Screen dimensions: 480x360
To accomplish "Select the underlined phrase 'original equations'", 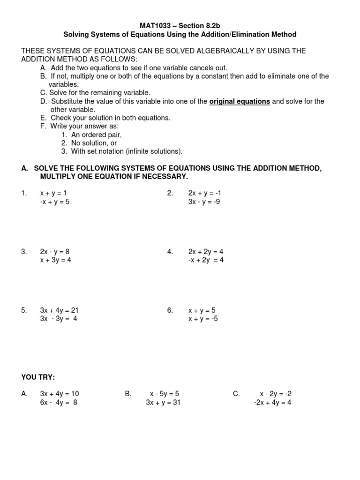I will [240, 101].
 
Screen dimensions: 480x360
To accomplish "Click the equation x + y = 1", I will [57, 193].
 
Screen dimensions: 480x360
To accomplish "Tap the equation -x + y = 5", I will [55, 202].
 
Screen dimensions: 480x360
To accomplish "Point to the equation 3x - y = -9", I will [204, 202].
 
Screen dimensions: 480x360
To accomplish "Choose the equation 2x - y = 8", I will [55, 251].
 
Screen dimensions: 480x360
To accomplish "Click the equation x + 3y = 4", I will [56, 260].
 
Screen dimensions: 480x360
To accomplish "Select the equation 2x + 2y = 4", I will [206, 251].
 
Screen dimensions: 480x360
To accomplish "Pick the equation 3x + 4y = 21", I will [59, 310].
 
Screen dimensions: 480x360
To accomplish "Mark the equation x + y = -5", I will [203, 319].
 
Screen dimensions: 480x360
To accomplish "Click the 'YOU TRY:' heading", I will [38, 377].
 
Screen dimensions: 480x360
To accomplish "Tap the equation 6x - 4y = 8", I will [59, 402].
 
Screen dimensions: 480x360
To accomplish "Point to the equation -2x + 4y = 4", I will [272, 402].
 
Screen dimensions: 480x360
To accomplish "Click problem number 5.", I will [24, 310].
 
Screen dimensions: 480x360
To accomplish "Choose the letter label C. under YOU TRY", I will [236, 394].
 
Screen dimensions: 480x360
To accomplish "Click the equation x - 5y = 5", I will [165, 394].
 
